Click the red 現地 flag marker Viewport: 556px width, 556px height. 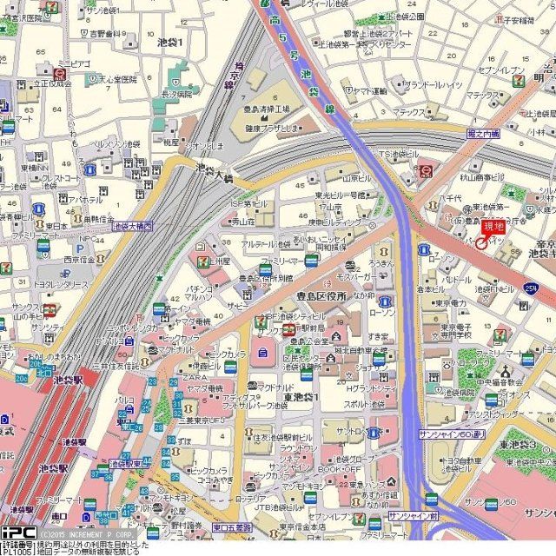click(493, 228)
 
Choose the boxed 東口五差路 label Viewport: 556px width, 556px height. click(232, 526)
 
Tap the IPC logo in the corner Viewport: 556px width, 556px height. click(17, 532)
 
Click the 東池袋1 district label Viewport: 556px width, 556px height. click(301, 396)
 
